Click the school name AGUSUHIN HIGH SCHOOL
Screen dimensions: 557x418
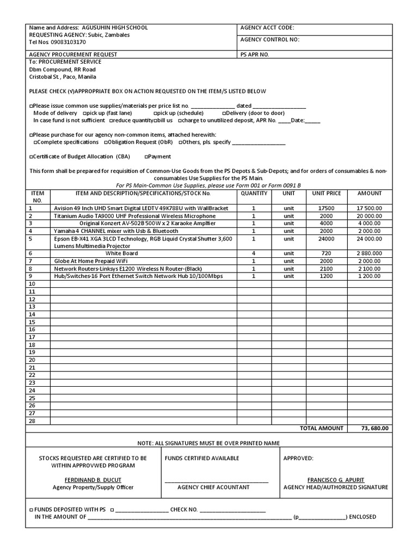114,27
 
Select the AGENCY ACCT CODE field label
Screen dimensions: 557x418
267,27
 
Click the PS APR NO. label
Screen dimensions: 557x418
255,54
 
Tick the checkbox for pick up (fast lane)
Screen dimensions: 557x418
84,113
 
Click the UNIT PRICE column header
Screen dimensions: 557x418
327,193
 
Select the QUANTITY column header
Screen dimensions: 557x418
254,193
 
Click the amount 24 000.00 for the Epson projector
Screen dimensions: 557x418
370,238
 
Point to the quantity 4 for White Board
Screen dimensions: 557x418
254,253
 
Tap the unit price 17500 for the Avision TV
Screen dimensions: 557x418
327,208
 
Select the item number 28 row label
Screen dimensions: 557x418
32,420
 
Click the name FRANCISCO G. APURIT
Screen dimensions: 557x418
336,480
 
